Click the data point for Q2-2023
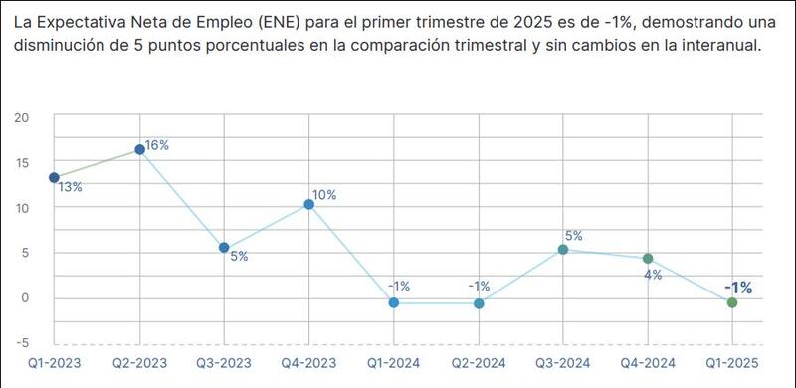point(139,150)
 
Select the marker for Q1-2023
point(54,178)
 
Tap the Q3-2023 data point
point(224,248)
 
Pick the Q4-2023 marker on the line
point(308,204)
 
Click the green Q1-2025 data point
point(732,302)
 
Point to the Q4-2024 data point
point(648,259)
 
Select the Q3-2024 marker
point(563,250)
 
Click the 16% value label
point(157,145)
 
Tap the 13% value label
point(70,187)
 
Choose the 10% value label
point(324,195)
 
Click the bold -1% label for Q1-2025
point(738,288)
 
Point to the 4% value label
point(653,275)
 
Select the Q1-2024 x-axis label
point(393,365)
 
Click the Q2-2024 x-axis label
point(479,365)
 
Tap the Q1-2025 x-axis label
point(732,365)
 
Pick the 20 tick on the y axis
point(21,117)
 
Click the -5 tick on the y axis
point(21,343)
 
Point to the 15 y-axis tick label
point(21,163)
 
